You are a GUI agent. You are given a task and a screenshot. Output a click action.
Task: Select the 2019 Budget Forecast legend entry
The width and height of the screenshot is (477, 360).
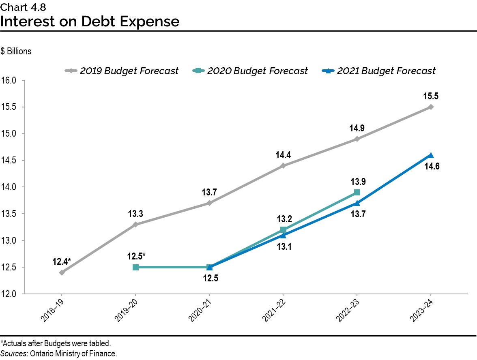pyautogui.click(x=122, y=71)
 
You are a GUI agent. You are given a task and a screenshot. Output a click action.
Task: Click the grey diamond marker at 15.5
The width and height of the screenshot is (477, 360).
pyautogui.click(x=431, y=107)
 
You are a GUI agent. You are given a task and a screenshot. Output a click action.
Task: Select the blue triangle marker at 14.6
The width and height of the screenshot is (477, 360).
pyautogui.click(x=431, y=155)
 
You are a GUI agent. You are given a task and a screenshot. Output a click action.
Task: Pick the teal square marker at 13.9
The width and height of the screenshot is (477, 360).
pyautogui.click(x=357, y=192)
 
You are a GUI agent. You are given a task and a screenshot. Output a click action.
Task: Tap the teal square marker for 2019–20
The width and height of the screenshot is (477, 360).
pyautogui.click(x=135, y=267)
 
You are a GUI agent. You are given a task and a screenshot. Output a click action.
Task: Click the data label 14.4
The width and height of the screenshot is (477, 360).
pyautogui.click(x=283, y=155)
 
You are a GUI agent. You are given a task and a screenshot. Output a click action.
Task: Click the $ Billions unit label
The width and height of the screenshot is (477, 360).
pyautogui.click(x=16, y=51)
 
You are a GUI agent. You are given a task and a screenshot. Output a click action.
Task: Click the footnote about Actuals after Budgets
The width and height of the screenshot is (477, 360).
pyautogui.click(x=55, y=344)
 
